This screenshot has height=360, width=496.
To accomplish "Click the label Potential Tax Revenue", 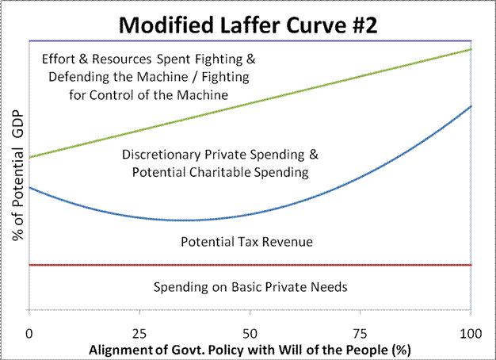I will pos(247,242).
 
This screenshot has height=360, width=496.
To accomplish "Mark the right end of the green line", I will pos(471,49).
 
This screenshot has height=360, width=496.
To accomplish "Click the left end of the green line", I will pos(29,157).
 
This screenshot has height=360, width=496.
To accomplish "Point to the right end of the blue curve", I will pos(471,105).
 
